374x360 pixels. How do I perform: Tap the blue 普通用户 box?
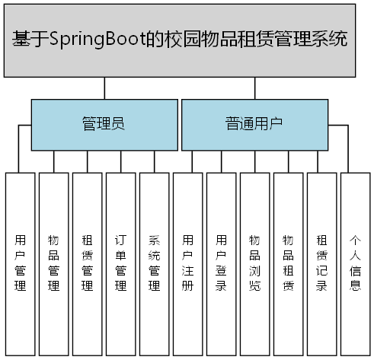[254, 123]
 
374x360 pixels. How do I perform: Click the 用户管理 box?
[21, 263]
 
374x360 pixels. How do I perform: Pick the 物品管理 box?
[54, 263]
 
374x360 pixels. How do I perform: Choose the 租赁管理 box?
[88, 263]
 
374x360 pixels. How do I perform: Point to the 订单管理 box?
[121, 263]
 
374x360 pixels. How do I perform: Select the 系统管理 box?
[155, 263]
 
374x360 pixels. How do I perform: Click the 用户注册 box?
[188, 263]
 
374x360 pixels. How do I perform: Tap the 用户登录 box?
[222, 263]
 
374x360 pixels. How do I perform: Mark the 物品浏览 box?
[255, 263]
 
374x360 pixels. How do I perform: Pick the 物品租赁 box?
[289, 263]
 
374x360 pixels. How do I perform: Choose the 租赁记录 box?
[322, 263]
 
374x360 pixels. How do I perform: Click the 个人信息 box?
[355, 263]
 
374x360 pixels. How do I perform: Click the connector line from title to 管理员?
[105, 88]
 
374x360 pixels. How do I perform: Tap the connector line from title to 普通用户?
[255, 88]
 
